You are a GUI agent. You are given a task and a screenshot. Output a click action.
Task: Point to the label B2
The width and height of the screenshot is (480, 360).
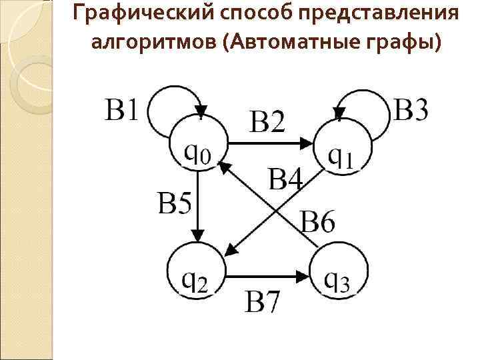267,121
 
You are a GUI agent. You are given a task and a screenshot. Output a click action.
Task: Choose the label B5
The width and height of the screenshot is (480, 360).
174,202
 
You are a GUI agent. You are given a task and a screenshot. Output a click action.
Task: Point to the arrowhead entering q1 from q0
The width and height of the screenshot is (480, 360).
306,143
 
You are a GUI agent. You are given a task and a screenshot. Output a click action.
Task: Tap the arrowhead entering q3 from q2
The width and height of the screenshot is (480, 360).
304,274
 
